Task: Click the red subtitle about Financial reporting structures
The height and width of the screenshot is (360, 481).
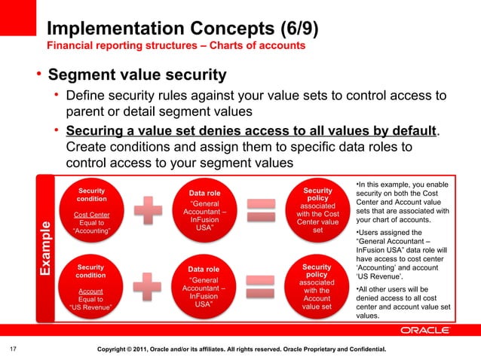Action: pyautogui.click(x=176, y=46)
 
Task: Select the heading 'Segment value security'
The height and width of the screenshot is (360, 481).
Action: pyautogui.click(x=136, y=75)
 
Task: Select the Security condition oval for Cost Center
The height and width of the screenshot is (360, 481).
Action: pyautogui.click(x=91, y=211)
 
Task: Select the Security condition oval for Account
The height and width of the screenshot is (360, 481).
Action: pyautogui.click(x=90, y=287)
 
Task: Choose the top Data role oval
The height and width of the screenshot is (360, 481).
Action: pyautogui.click(x=204, y=211)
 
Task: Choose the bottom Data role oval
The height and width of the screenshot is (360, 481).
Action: pyautogui.click(x=204, y=287)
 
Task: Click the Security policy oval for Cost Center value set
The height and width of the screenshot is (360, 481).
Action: pyautogui.click(x=317, y=211)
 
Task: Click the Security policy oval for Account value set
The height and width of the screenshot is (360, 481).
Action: pyautogui.click(x=317, y=287)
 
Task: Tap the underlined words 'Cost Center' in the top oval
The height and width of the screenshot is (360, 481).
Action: pyautogui.click(x=91, y=215)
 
